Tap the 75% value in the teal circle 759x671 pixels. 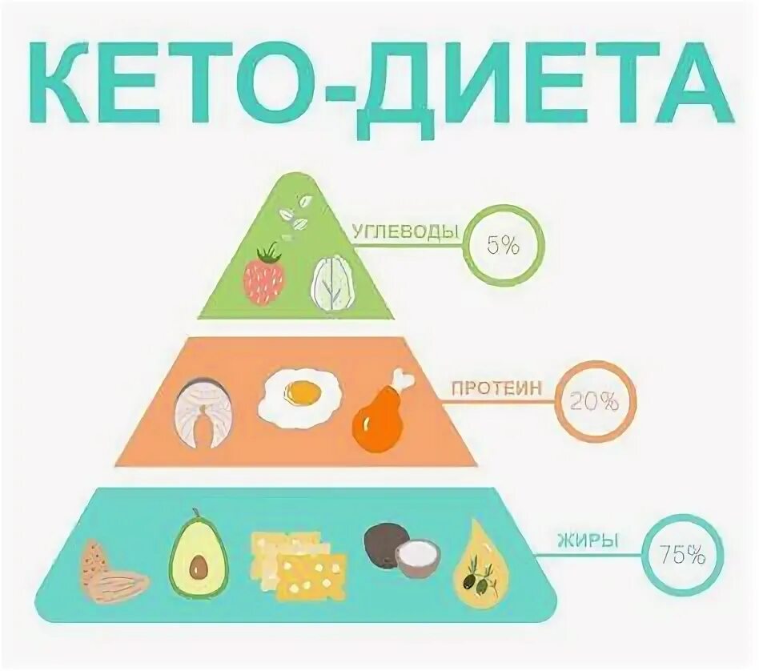(x=682, y=553)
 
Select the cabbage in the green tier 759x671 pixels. (x=334, y=283)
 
